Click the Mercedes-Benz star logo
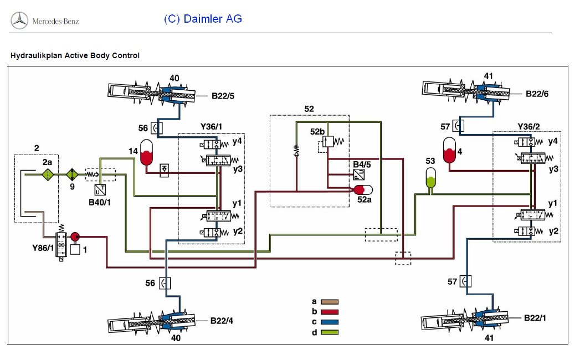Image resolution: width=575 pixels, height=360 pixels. point(19,20)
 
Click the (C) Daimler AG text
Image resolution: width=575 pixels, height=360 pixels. point(203,19)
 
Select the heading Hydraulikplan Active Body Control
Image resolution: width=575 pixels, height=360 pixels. point(75,55)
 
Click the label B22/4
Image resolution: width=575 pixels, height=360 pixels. point(222,320)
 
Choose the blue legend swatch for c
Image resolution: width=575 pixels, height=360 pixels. point(329,322)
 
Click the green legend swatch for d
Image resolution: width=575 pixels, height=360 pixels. point(329,332)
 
